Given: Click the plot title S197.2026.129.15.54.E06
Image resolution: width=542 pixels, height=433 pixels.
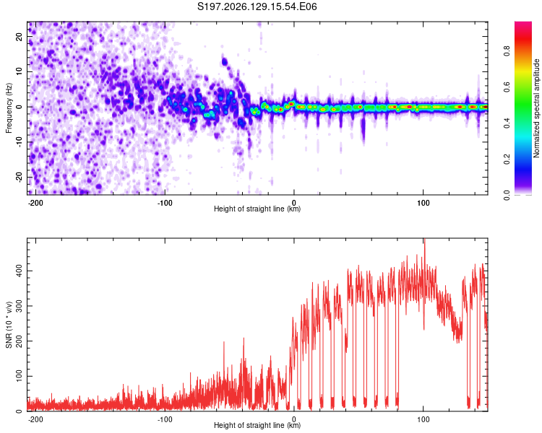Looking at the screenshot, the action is (257, 6).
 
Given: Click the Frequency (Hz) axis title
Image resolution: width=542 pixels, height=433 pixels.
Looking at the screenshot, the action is (9, 108).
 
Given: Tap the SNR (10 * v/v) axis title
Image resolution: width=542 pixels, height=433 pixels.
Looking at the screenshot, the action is (9, 325).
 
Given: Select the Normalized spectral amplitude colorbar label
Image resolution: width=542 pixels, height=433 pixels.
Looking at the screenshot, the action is (536, 108).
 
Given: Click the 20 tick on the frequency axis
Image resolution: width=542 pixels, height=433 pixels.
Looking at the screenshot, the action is (19, 36).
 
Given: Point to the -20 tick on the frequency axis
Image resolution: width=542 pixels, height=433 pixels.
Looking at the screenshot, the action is (19, 178).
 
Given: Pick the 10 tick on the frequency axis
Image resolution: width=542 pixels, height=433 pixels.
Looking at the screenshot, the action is (19, 71).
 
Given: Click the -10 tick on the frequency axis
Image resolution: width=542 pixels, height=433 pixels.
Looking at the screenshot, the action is (19, 142).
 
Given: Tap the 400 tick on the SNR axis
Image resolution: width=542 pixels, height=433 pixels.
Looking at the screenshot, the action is (19, 271).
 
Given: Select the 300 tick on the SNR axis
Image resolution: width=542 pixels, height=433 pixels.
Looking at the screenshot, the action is (19, 306).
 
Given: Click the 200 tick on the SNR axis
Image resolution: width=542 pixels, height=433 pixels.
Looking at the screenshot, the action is (19, 341).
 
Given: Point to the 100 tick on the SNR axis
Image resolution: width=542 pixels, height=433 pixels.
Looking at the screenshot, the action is (19, 377).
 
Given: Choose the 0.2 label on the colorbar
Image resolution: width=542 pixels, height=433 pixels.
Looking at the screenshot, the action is (507, 159).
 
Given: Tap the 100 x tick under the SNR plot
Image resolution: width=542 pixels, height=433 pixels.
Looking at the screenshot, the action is (423, 419).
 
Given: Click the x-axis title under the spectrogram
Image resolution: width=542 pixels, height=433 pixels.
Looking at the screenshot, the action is (257, 209).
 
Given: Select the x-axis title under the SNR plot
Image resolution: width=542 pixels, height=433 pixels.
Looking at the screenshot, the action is (257, 425).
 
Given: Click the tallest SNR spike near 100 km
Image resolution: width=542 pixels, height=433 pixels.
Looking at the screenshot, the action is (424, 240).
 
